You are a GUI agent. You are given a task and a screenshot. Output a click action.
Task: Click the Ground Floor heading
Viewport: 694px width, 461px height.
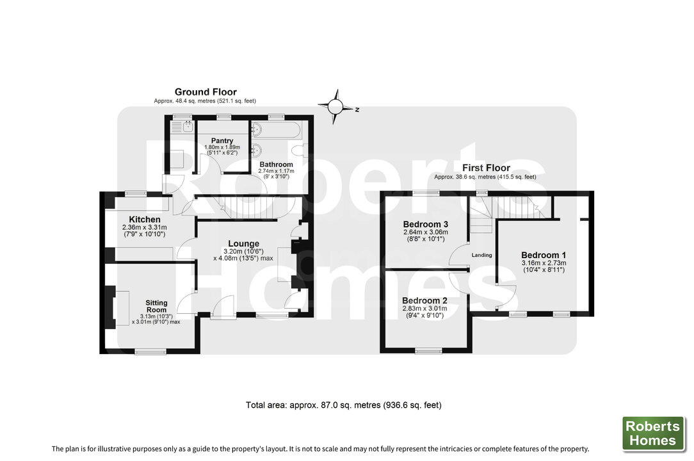coord(206,92)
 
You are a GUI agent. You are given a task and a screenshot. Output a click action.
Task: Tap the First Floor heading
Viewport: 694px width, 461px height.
coord(486,168)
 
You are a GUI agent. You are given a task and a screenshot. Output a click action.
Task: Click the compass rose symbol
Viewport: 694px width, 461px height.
coord(336,106)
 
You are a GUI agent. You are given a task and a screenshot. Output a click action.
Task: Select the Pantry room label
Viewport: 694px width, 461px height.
coord(222,141)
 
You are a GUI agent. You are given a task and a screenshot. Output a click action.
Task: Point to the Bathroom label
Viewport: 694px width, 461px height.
coord(276,165)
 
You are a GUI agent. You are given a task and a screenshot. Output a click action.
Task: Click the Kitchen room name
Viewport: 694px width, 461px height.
coord(145,219)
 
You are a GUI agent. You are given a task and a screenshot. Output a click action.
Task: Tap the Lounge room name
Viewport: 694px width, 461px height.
coord(243,243)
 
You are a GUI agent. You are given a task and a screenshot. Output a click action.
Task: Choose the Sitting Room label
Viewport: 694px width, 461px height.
coord(156,306)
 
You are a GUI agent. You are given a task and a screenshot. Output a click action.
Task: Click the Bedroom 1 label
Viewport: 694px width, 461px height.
coord(544,255)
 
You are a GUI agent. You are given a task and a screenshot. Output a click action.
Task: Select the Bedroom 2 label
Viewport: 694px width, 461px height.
coord(424,301)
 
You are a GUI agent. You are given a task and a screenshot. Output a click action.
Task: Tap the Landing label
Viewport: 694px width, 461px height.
coord(481,255)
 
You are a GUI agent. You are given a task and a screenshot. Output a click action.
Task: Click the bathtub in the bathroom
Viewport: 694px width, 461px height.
coord(275,130)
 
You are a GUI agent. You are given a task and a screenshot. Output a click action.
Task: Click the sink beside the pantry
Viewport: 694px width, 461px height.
coord(182,127)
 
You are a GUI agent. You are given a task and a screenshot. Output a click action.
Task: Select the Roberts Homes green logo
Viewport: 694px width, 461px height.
coord(653,433)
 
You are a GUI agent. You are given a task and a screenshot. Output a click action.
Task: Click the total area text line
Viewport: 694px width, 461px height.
coord(343,405)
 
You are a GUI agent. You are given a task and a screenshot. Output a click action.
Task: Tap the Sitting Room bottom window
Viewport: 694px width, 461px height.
coord(150,352)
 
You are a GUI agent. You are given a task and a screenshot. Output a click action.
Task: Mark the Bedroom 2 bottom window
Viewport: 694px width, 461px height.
coord(428,351)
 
